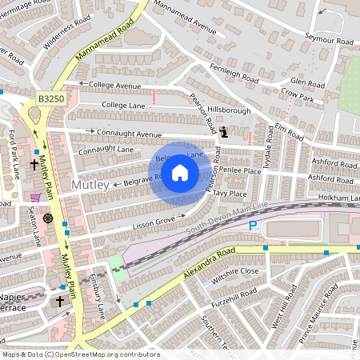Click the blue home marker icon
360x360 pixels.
pos(181,171)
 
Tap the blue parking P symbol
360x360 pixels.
pos(253,226)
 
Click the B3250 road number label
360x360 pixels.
pos(51,98)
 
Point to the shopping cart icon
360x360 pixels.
pos(35,197)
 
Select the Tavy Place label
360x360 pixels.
pos(230,194)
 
